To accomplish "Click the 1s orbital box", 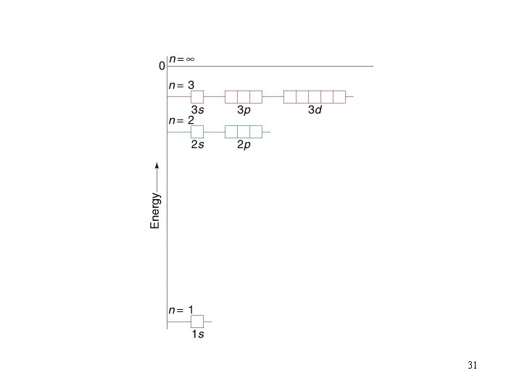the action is point(197,321).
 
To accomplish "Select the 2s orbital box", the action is point(197,132).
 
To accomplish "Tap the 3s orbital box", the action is point(197,97).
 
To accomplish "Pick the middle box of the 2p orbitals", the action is point(244,132).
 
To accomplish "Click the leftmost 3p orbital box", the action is point(231,97).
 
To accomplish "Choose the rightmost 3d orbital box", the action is point(339,97).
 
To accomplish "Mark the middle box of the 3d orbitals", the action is point(315,97).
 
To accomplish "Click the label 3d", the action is point(315,110).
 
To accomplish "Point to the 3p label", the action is point(244,110).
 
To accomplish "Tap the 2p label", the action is point(244,145).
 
